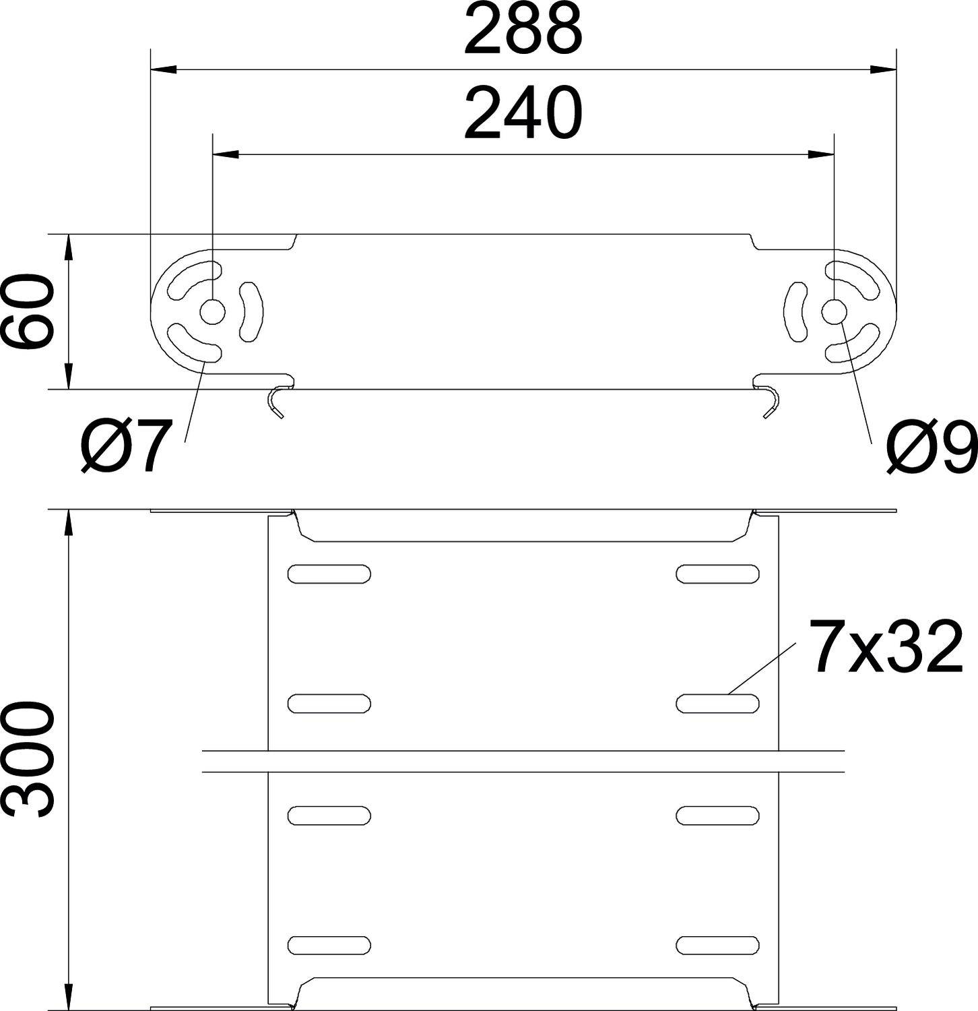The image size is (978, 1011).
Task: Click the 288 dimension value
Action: click(523, 30)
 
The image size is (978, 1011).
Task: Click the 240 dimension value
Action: click(523, 113)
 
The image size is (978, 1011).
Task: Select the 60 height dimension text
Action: click(28, 311)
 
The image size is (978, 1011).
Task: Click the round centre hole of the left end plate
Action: click(213, 313)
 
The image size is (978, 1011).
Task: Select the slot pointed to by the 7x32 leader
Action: click(717, 703)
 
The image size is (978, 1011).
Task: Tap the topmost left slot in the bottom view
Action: click(329, 574)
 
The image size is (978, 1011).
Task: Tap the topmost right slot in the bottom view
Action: click(717, 574)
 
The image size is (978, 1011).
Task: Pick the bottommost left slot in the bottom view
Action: click(329, 944)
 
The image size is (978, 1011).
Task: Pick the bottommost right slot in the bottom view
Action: click(717, 944)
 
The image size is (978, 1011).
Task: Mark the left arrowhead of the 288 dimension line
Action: click(162, 69)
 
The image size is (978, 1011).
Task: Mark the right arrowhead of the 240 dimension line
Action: click(822, 155)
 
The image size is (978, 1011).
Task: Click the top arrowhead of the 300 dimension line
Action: click(68, 522)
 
